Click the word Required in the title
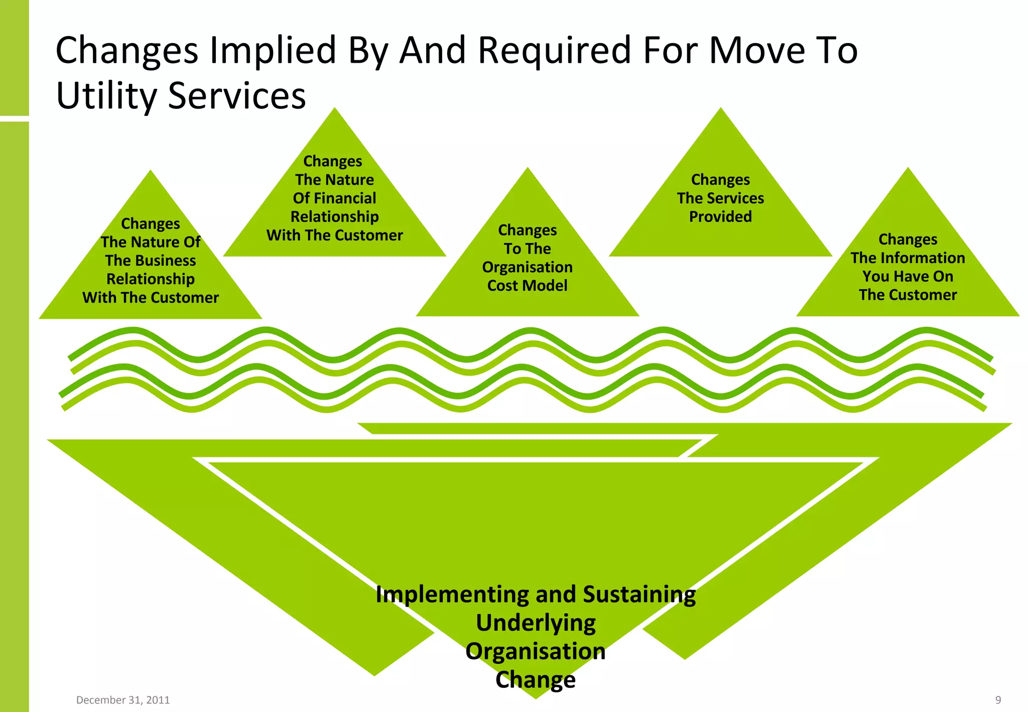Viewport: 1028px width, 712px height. [x=554, y=50]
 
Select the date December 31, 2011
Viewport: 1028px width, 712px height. [x=123, y=700]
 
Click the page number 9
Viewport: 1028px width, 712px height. [x=998, y=700]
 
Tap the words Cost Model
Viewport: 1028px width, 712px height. [x=527, y=286]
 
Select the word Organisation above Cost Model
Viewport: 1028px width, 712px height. [x=527, y=267]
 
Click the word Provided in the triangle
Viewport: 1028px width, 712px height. [x=720, y=217]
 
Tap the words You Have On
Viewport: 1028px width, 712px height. [x=908, y=277]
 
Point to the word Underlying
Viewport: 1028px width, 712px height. [x=536, y=623]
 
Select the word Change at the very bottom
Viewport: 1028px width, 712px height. [x=536, y=680]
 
